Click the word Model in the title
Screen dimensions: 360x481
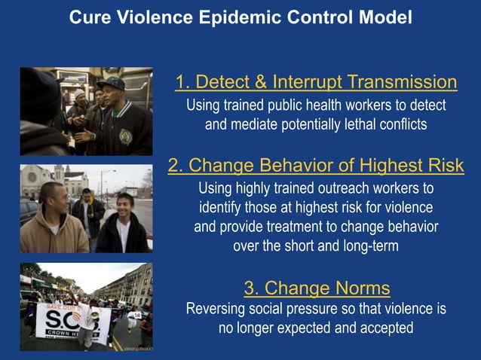pyautogui.click(x=385, y=17)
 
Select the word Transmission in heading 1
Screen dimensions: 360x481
pyautogui.click(x=399, y=82)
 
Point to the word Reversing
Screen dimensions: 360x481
pyautogui.click(x=219, y=309)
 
